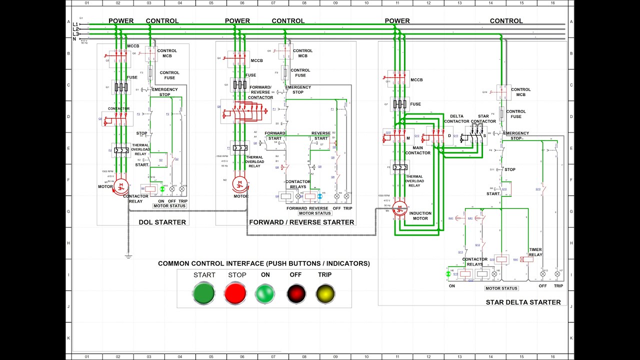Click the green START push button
[x=203, y=293]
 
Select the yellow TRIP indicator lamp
[x=325, y=293]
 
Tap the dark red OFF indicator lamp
[x=296, y=293]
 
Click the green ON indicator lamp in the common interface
[x=265, y=293]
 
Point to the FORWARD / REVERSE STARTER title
[x=301, y=222]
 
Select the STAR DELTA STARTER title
[x=523, y=302]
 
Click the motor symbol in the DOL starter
[x=120, y=186]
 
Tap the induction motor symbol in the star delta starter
[x=399, y=208]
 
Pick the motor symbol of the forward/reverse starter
[x=239, y=184]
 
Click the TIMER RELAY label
[x=535, y=252]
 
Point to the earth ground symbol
[x=128, y=256]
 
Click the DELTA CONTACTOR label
[x=456, y=118]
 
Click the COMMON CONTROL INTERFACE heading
[x=264, y=263]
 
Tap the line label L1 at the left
[x=75, y=24]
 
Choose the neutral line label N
[x=74, y=38]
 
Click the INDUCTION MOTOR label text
[x=420, y=216]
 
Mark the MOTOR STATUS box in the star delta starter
[x=501, y=288]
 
